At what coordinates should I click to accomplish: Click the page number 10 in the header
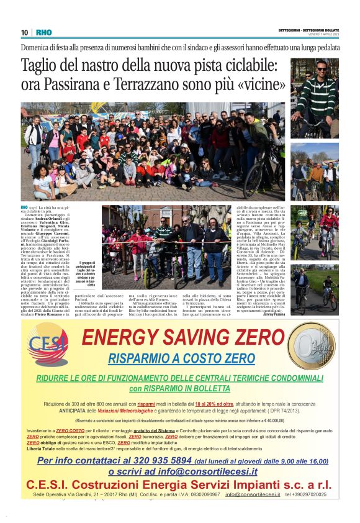tap(24, 32)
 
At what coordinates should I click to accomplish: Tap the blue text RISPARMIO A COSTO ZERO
tap(181, 358)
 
